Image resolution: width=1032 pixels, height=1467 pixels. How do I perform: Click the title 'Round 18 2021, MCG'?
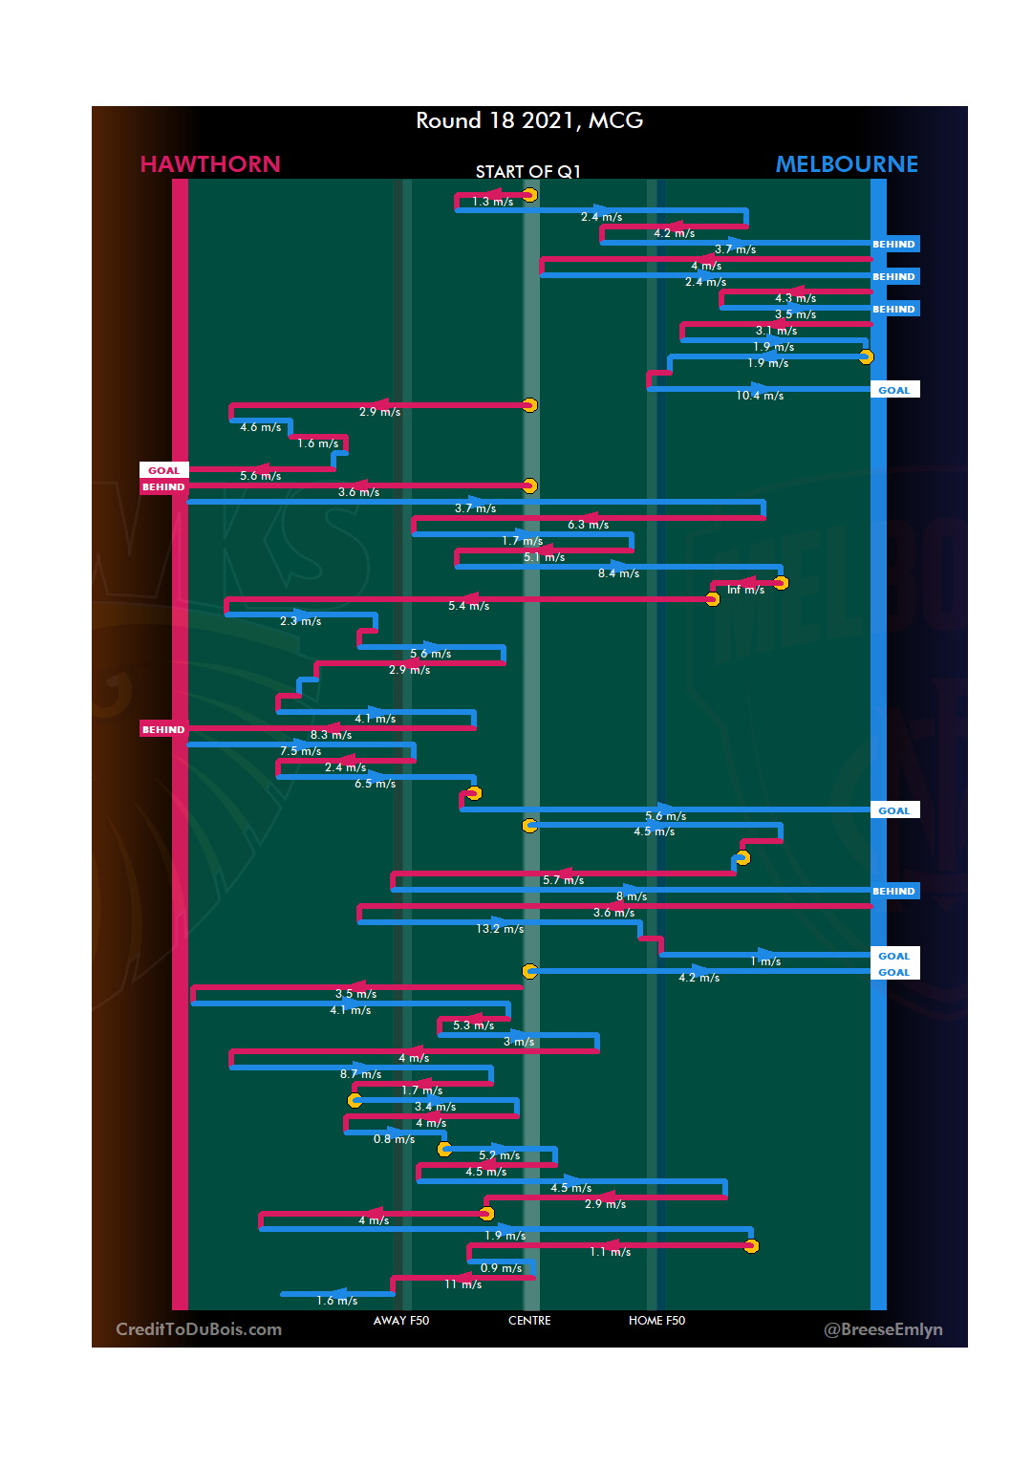529,120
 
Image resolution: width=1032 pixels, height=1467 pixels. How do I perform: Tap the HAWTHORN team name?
210,164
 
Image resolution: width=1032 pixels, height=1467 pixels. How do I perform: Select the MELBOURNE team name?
847,164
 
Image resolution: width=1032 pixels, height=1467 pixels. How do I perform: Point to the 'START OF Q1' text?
528,172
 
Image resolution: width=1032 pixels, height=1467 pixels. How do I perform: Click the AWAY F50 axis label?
401,1321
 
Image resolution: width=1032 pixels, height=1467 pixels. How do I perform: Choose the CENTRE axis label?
529,1321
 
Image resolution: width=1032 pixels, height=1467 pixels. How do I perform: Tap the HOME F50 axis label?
656,1321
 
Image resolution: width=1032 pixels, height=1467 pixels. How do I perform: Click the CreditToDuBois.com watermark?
199,1329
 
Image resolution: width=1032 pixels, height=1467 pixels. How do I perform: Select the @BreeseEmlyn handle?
883,1329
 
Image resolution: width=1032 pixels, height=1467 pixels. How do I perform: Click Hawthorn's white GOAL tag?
163,470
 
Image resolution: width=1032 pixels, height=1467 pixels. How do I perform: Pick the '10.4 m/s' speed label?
760,396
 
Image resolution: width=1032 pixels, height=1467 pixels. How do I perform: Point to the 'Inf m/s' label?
745,590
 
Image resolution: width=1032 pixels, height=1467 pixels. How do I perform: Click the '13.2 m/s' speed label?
500,929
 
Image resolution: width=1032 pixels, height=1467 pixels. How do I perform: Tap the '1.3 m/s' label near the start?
493,202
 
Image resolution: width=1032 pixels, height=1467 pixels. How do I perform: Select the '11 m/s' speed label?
463,1284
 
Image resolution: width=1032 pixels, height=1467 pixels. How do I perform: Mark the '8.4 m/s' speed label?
618,573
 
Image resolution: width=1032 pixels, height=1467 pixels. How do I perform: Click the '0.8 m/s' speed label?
394,1139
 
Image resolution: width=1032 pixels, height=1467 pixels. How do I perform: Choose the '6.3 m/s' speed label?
588,525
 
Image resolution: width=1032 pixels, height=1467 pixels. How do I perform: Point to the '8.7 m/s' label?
360,1074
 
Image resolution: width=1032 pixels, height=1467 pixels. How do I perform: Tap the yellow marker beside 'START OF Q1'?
529,195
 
